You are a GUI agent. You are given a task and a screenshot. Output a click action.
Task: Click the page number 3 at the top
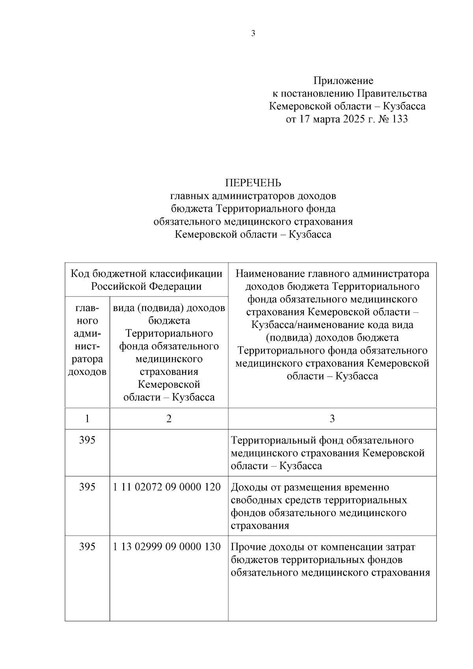point(253,34)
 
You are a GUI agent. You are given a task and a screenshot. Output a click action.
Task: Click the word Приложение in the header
point(343,81)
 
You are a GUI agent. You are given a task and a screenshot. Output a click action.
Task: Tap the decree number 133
point(400,119)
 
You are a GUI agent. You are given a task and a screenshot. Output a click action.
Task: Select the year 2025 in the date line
point(354,119)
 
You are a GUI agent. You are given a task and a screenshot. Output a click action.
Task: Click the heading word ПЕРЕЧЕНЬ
point(253,183)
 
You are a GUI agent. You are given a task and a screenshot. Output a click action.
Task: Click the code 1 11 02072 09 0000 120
point(167,487)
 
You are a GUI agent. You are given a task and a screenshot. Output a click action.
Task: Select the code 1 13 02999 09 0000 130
point(167,547)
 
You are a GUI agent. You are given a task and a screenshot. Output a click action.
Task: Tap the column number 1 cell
point(87,418)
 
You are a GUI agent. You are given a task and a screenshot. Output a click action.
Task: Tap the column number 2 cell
point(169,418)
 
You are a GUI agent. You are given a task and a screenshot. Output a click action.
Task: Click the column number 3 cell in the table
point(332,418)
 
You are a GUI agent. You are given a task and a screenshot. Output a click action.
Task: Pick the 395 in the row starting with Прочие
point(87,547)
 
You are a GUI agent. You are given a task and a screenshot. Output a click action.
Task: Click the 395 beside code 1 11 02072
point(87,487)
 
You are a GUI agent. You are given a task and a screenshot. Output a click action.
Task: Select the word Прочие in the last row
point(248,547)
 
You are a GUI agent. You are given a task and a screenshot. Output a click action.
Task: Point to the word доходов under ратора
point(87,372)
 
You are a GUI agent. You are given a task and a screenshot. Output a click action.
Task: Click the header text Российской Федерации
point(146,286)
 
